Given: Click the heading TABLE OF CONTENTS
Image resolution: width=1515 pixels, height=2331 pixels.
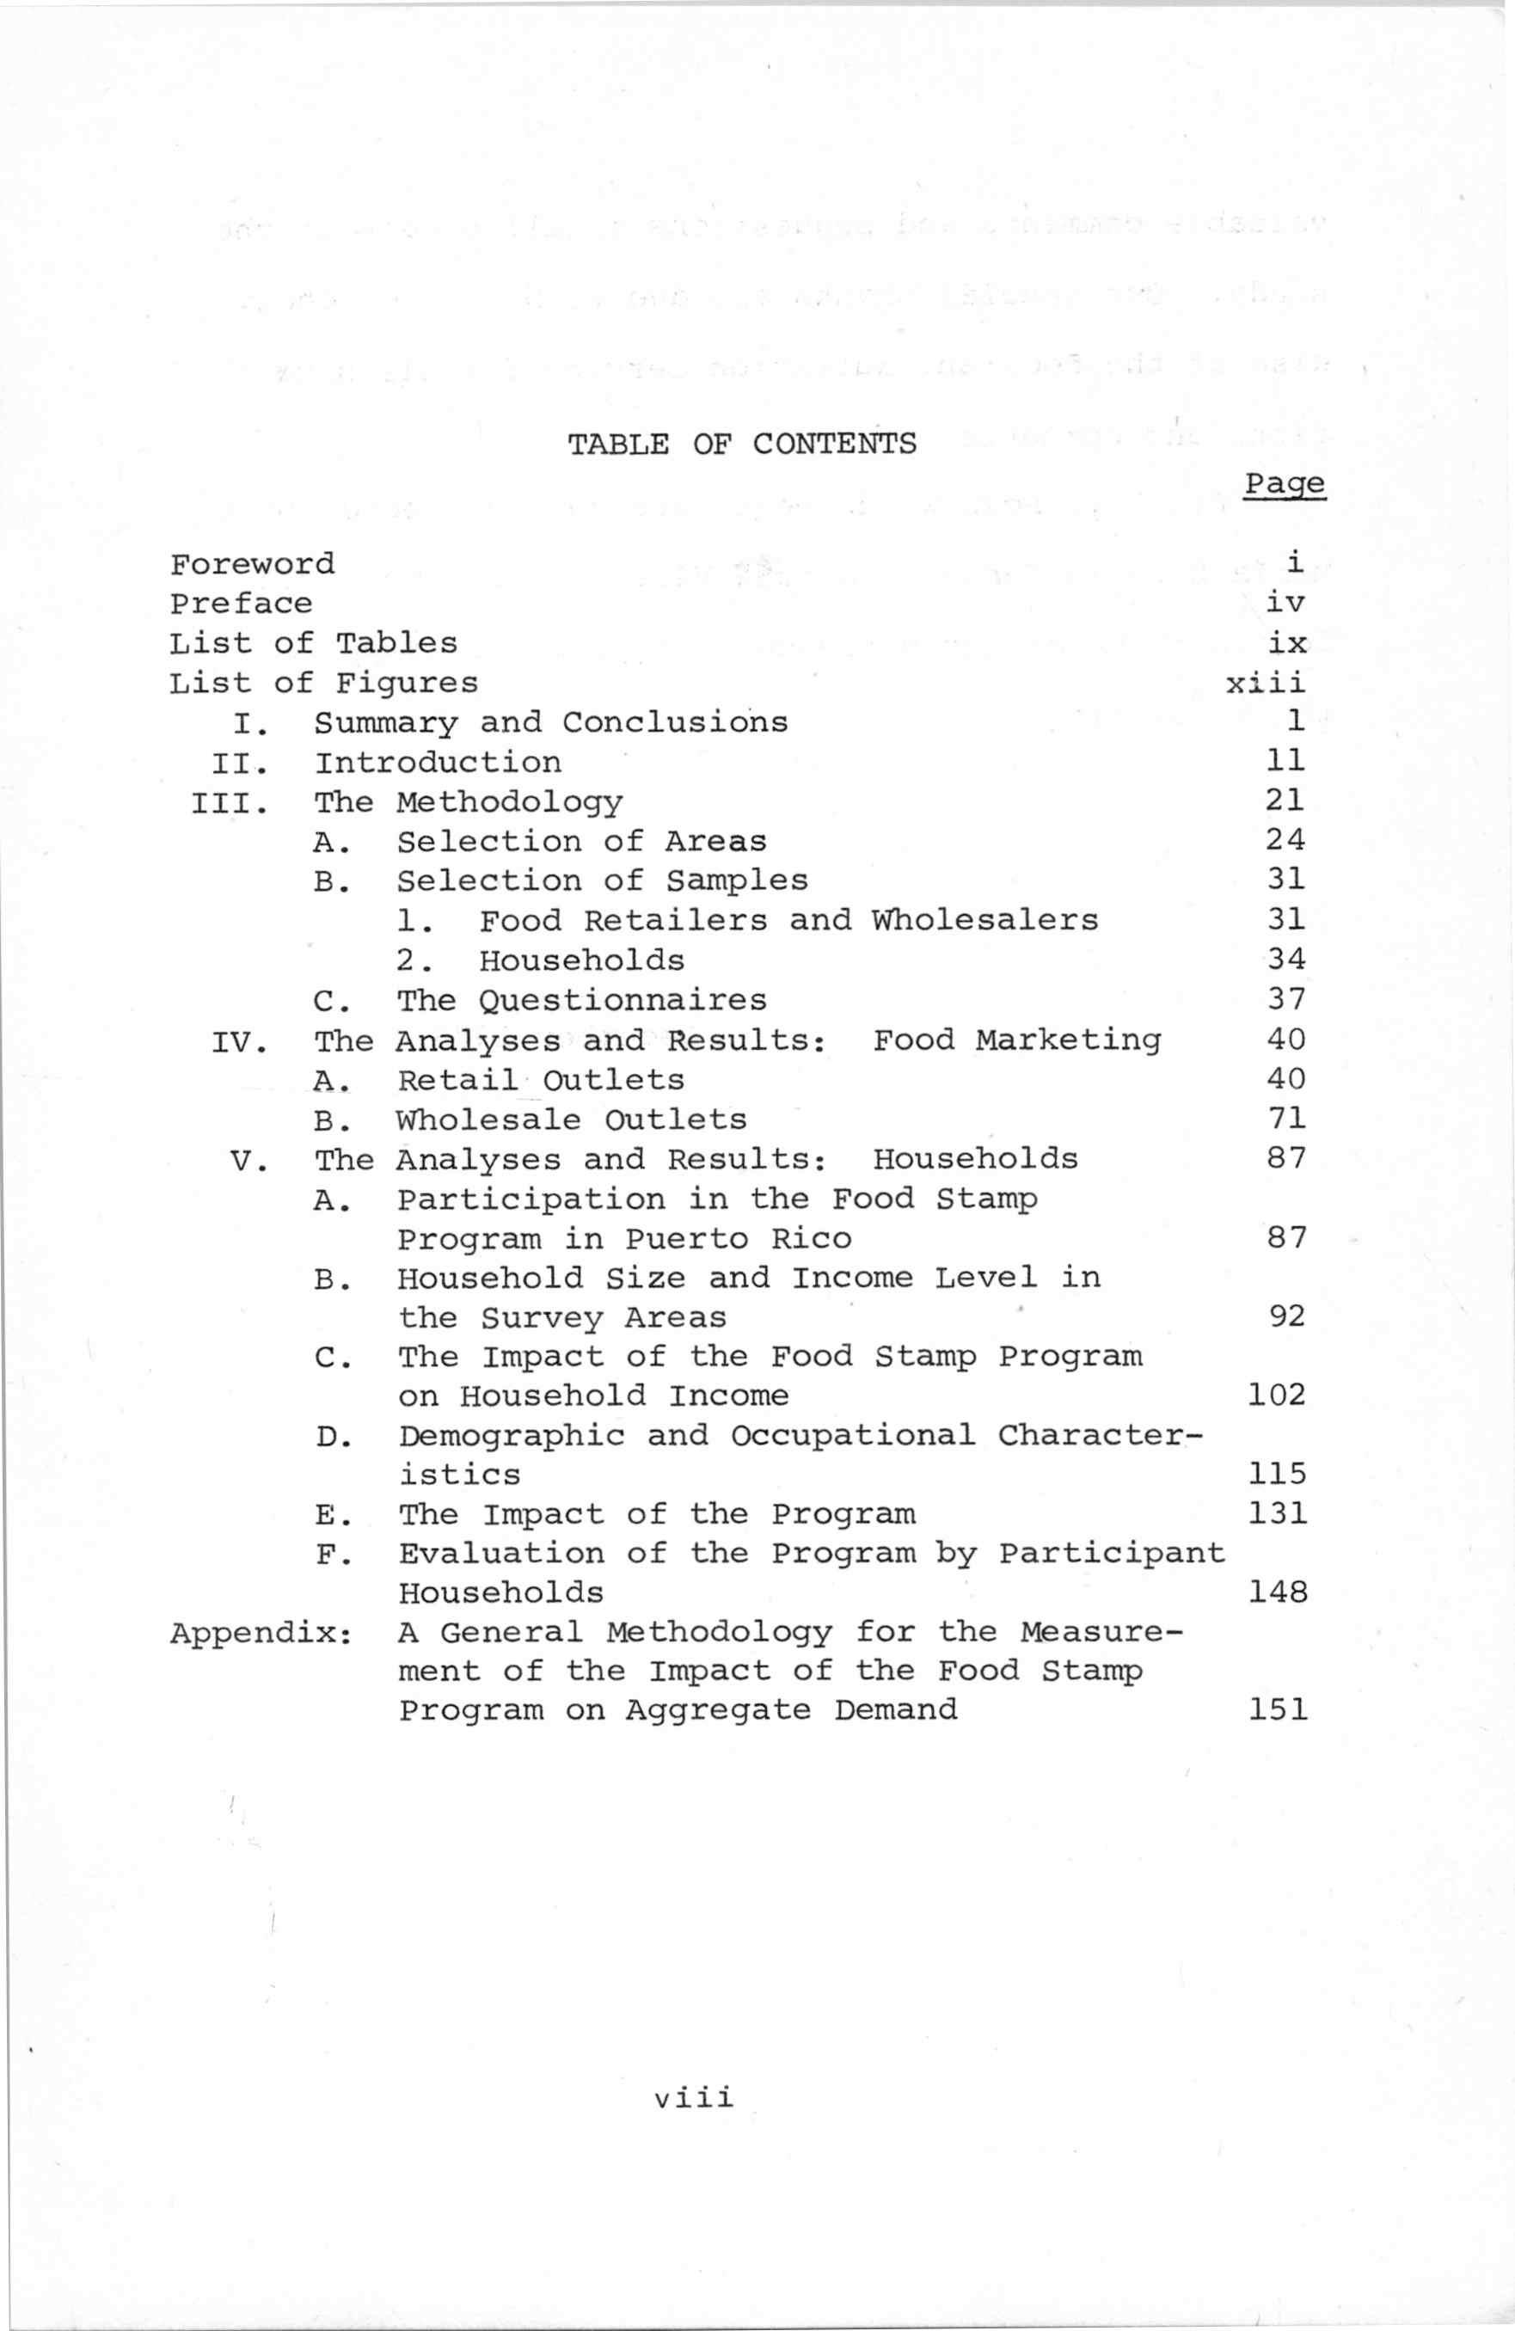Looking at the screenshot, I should point(742,444).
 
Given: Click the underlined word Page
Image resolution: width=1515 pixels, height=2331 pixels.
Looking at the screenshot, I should point(1284,484).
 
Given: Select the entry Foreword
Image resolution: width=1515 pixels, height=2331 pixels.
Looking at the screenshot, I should point(252,564).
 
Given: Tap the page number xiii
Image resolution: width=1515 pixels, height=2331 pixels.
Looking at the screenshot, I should point(1266,683).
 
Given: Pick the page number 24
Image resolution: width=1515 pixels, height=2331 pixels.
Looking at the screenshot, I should point(1285,840).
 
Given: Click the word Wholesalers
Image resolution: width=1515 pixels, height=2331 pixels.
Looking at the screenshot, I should point(985,921).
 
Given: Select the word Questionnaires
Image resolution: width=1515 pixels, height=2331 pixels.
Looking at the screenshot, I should point(623,1001).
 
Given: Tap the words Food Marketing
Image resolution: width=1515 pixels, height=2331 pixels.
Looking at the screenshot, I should point(1016,1040).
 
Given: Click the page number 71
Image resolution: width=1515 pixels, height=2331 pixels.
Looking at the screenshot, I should point(1285,1119).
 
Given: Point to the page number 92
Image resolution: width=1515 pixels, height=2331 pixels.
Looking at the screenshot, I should point(1285,1316).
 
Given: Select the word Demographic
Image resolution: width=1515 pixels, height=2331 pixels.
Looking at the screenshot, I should point(512,1437).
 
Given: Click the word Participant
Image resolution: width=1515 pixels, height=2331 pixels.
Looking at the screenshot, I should point(1112,1555).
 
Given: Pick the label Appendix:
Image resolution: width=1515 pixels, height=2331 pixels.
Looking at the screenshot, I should point(261,1634).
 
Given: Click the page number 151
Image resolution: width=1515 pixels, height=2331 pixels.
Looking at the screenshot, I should point(1277,1711).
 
